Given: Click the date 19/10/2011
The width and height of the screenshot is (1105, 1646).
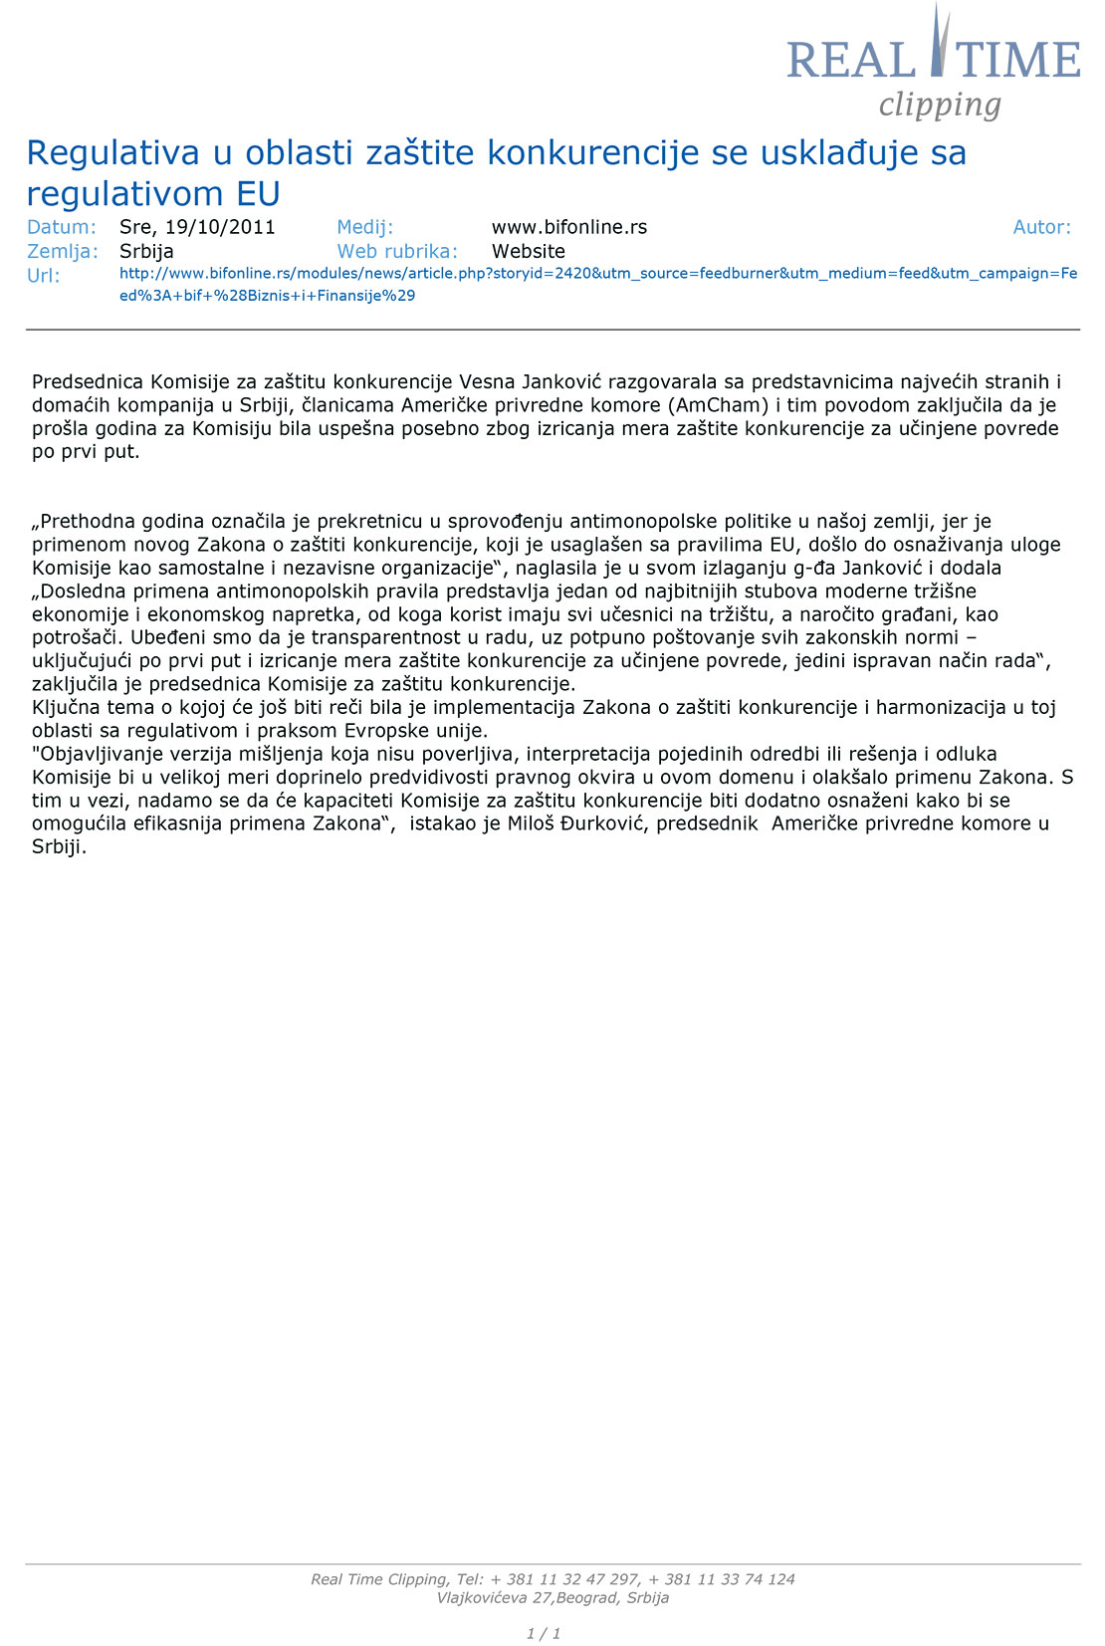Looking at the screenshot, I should [x=220, y=227].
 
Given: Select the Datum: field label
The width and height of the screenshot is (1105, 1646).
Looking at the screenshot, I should [x=62, y=227].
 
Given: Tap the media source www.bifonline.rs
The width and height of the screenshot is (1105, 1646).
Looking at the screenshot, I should [x=568, y=227].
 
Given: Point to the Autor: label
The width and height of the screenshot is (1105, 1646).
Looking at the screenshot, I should [x=1041, y=227].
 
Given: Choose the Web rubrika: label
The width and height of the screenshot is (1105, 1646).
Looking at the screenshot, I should [x=397, y=251].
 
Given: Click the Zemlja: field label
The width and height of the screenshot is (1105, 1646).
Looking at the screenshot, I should [x=63, y=251].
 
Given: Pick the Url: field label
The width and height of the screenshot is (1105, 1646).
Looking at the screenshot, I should [x=44, y=276].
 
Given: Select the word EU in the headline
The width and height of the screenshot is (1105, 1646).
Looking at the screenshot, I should [x=258, y=193].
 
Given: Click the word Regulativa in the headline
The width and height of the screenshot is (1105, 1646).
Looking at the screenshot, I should [x=112, y=152].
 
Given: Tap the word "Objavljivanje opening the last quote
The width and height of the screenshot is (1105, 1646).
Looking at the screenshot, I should [x=98, y=754].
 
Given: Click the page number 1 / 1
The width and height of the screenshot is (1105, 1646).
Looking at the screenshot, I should [x=544, y=1633].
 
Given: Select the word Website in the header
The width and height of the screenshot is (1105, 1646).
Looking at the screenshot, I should [x=528, y=251].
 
